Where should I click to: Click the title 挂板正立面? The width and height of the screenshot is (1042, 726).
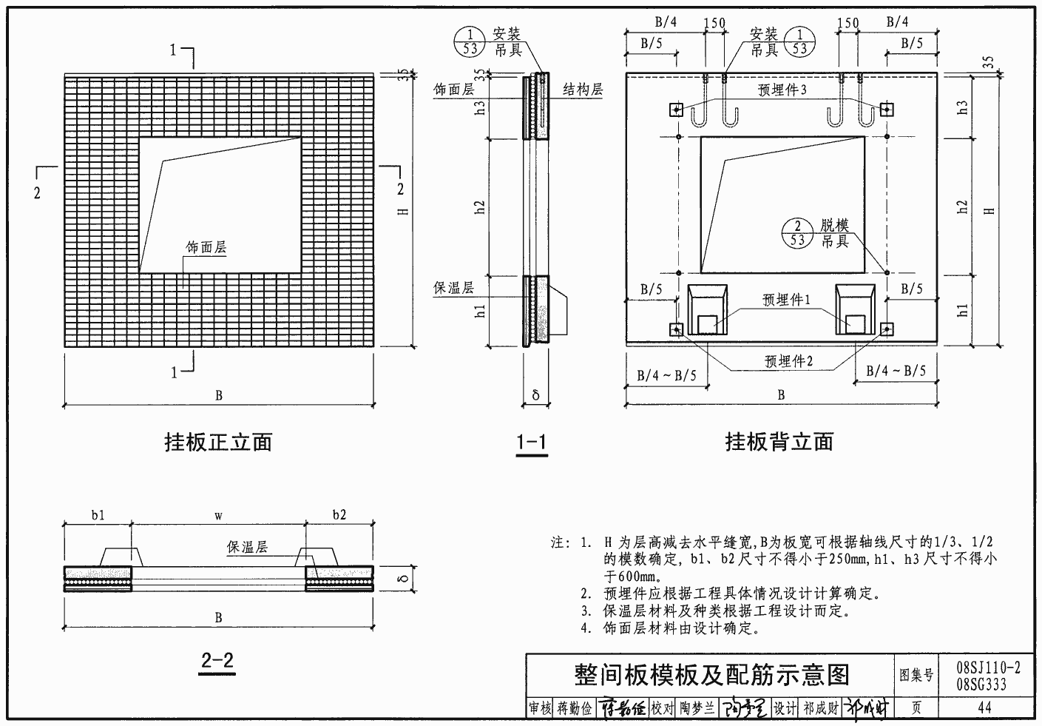(217, 443)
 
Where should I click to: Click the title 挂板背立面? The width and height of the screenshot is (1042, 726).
(779, 443)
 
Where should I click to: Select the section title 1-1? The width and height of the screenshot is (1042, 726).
(531, 443)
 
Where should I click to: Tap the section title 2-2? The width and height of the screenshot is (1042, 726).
(217, 660)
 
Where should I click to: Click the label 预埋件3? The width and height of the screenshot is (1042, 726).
(782, 90)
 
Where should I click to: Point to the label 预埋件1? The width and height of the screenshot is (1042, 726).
(787, 300)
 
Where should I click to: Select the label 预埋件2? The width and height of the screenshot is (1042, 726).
(788, 361)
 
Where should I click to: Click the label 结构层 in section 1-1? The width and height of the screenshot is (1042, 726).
(583, 90)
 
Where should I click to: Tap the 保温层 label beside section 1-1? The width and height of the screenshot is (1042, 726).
(453, 289)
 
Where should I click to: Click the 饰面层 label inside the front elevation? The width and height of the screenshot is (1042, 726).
(206, 248)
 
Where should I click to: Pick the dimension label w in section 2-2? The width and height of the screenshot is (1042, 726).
(219, 515)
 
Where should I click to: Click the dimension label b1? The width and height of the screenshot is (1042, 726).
(98, 515)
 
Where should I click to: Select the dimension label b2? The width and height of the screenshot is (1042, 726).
(339, 515)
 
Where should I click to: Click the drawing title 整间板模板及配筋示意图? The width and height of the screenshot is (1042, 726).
(711, 674)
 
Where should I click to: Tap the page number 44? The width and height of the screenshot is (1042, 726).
(984, 708)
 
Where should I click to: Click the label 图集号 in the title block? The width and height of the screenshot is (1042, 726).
(916, 675)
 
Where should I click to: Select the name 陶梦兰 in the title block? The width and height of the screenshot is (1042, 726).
(697, 708)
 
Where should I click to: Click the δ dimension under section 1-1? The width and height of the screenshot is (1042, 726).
(535, 395)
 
